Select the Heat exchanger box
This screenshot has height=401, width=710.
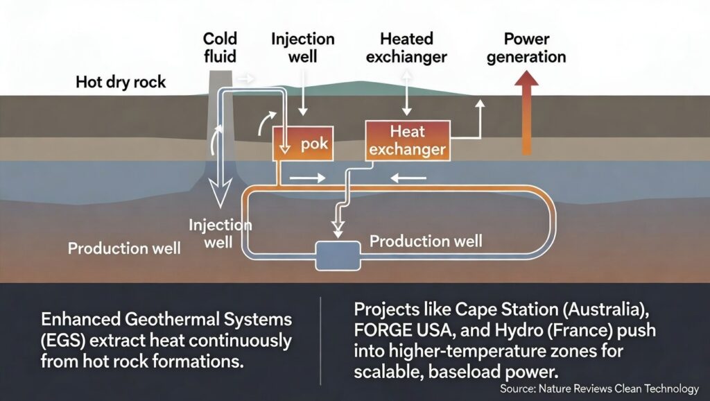coord(406,139)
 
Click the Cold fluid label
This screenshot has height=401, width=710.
coord(219,47)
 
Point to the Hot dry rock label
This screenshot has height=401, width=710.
coord(121,83)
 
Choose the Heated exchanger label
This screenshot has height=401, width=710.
coord(406,47)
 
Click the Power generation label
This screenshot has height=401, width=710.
coord(526,47)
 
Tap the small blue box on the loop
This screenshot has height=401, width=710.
coord(338,255)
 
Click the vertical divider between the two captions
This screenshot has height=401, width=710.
coord(321,341)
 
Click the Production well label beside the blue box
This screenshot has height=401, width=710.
coord(426,241)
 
